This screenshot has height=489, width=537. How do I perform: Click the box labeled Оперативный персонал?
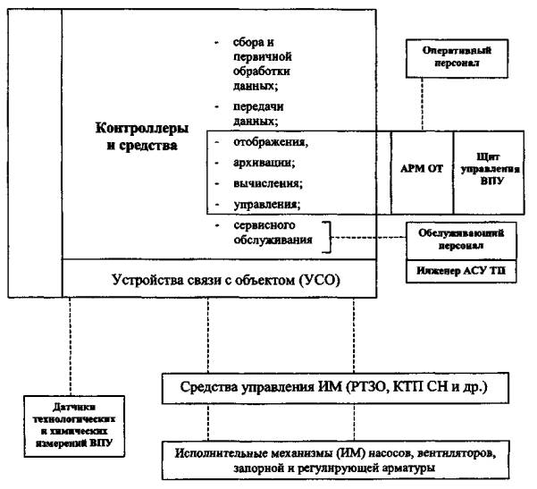coord(457,58)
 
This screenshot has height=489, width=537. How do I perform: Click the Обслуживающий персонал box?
coord(461,240)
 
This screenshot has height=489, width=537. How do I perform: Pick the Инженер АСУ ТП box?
coord(461,271)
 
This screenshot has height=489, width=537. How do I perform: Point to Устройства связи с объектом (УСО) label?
coord(226,280)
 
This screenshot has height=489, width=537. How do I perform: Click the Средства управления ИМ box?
coord(335,388)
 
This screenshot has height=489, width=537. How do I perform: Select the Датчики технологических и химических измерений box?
coord(74,426)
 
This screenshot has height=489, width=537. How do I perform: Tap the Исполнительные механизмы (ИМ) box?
coord(336,459)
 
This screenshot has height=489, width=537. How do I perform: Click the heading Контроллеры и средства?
coord(142,137)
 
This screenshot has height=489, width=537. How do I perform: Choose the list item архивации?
coord(264,163)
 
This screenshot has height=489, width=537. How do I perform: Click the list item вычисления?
coord(268,183)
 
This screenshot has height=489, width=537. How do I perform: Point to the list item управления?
coord(267,205)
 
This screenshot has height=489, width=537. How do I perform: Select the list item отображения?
coord(271,142)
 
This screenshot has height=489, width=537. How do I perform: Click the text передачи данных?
coord(258,114)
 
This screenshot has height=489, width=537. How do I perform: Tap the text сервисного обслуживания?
coord(273,232)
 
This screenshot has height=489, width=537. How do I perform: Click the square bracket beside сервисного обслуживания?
coord(330,237)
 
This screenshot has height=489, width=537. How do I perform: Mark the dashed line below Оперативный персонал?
coord(422,105)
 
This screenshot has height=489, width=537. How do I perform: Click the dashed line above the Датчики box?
coord(70,347)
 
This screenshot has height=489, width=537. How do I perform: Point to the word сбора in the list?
coord(249,43)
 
